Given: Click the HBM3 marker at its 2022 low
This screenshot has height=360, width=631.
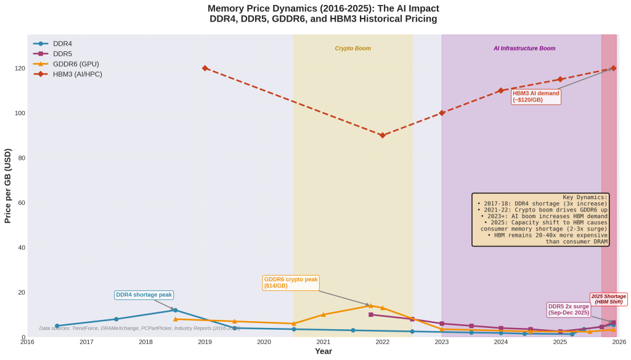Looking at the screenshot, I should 382,135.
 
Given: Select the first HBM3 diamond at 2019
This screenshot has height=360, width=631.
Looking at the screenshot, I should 205,68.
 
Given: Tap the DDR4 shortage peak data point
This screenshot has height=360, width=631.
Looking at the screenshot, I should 175,310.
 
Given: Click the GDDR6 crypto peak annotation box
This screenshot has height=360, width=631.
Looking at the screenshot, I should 291,282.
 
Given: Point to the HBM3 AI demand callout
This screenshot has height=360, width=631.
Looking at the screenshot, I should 535,96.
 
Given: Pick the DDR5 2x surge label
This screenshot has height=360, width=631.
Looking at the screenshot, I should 568,309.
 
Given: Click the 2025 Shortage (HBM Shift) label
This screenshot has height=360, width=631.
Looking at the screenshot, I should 608,299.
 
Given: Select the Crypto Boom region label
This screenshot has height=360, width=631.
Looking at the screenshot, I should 352,48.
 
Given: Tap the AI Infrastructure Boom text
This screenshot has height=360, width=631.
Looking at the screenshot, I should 524,48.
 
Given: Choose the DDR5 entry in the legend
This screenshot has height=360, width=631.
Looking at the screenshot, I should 62,54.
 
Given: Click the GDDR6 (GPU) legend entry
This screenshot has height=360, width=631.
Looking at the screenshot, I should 75,63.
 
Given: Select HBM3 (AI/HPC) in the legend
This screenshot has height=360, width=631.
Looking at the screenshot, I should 77,74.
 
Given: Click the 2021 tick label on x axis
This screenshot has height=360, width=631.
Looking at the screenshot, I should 323,342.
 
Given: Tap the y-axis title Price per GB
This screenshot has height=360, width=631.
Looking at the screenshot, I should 8,186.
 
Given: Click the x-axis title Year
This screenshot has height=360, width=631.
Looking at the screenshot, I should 323,351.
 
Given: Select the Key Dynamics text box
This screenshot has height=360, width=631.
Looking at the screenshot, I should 540,219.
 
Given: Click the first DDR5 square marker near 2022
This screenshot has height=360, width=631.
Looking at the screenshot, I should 370,314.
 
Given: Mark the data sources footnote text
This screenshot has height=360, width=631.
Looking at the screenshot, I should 139,329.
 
